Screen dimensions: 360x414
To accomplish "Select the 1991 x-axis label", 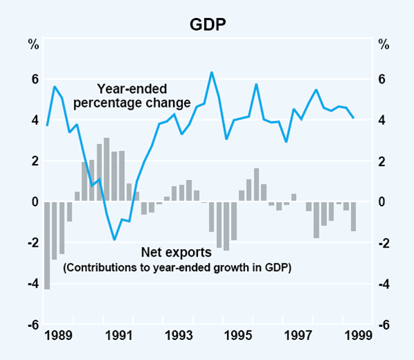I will coord(120,337).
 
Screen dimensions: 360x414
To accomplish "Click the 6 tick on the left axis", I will coord(32,79).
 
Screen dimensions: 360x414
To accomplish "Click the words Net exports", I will coord(172,252).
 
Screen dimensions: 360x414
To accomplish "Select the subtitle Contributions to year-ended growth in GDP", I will coord(177,268).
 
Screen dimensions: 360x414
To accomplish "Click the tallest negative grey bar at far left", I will coord(47,245).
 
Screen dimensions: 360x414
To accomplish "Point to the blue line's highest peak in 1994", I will coord(211,72).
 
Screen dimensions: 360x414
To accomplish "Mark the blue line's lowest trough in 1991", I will coord(115,239).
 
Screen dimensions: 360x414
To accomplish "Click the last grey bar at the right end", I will coord(353,217).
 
